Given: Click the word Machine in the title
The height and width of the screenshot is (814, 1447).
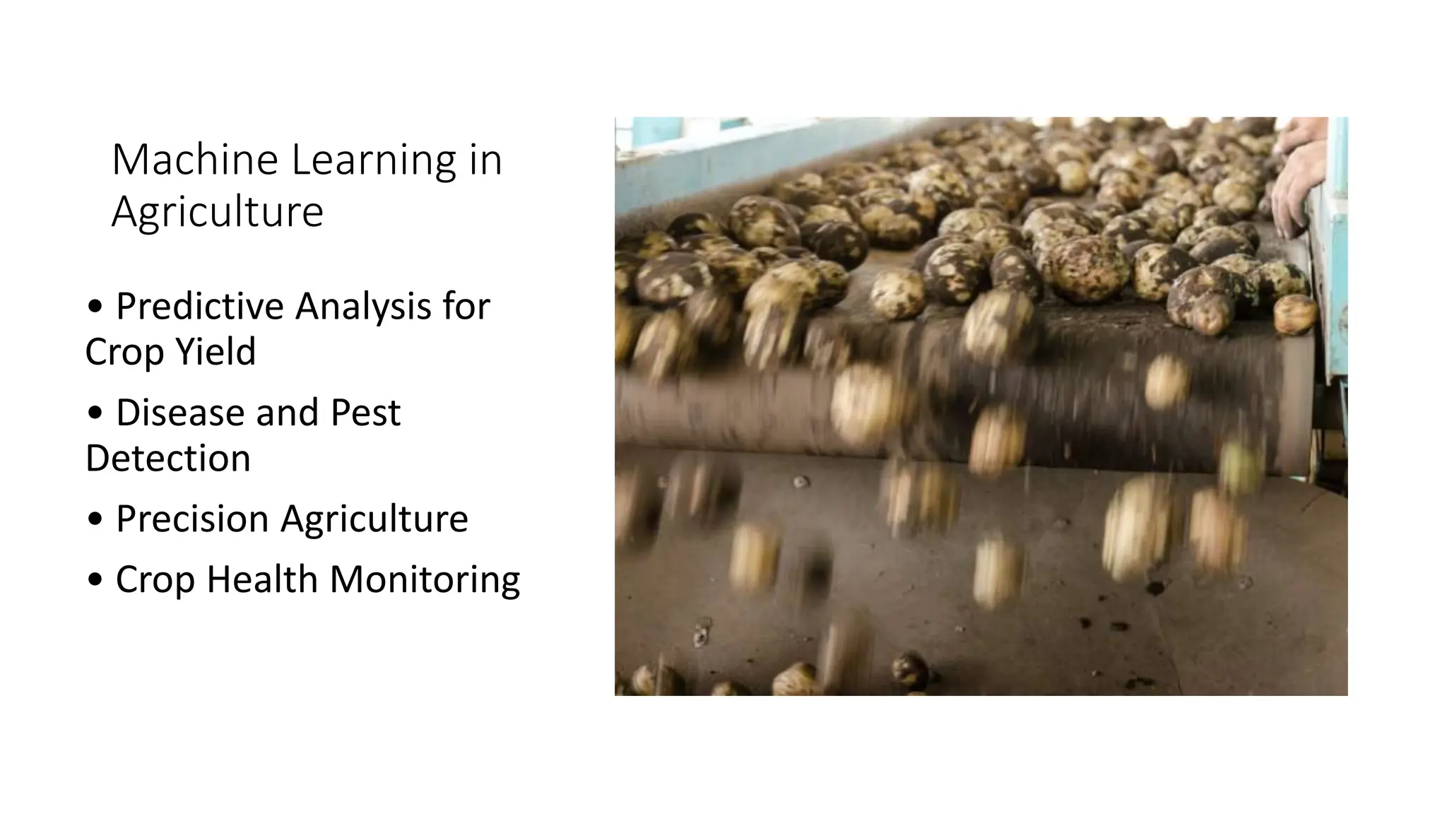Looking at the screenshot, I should pos(195,160).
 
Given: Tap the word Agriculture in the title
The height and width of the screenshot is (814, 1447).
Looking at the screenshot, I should pos(217,212).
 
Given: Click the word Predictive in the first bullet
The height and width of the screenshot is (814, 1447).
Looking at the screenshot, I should pos(200,307).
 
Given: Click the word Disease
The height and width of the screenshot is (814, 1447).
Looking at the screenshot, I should pos(180,413).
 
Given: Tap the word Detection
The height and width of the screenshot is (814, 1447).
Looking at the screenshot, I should pos(168,459).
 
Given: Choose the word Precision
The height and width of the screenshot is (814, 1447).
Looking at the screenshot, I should pos(192,519).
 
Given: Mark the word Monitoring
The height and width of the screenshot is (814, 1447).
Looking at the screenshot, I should pos(425,580).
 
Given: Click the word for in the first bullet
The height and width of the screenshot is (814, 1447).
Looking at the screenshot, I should pos(466,307).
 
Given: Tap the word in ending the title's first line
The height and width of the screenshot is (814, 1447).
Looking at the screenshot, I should pos(485,160).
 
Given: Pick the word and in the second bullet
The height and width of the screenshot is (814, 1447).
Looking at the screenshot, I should pos(287,413).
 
